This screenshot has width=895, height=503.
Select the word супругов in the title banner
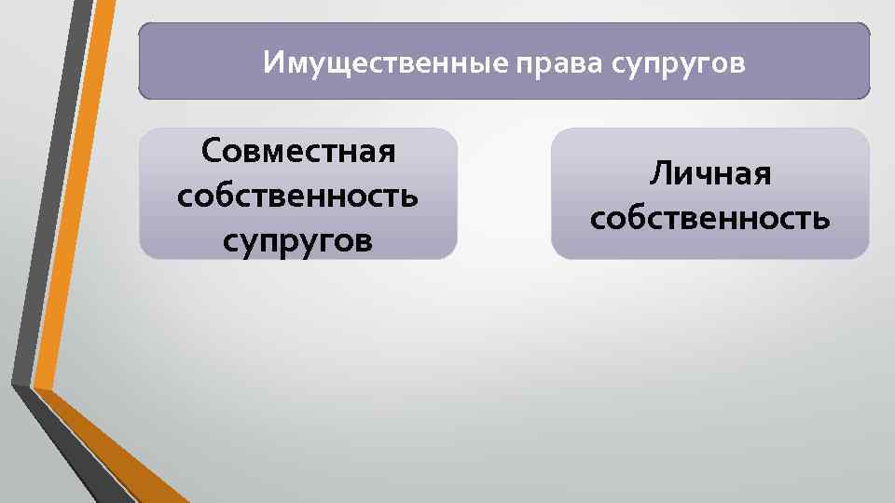point(680,63)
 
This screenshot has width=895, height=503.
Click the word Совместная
point(298,151)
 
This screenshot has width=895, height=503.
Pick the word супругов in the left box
point(297,241)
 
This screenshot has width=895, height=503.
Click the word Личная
point(710,173)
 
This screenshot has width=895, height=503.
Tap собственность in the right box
point(710,218)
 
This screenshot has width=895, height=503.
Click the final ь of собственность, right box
point(821,219)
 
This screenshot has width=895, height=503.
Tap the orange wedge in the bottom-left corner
point(112,456)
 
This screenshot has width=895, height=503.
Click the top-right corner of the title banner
point(867,26)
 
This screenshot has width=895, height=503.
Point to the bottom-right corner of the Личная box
point(866,256)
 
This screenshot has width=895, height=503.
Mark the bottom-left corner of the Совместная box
point(143,255)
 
